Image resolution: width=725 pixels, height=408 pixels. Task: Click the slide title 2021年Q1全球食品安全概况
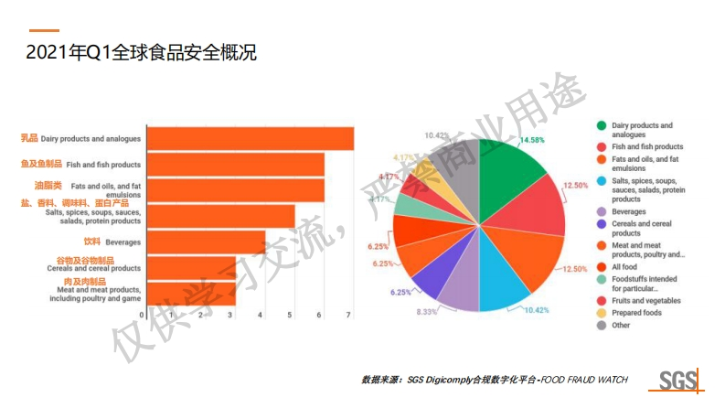pyautogui.click(x=141, y=53)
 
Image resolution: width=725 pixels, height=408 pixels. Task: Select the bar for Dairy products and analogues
pyautogui.click(x=250, y=138)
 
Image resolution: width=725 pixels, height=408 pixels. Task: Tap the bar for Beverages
pyautogui.click(x=206, y=242)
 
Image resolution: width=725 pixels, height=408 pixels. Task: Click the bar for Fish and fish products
pyautogui.click(x=235, y=165)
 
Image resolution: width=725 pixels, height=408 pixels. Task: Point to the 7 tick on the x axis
pyautogui.click(x=349, y=316)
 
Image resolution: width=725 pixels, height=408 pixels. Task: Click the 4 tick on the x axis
pyautogui.click(x=261, y=316)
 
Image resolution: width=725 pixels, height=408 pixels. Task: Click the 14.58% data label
pyautogui.click(x=531, y=140)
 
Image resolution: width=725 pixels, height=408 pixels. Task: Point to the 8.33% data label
pyautogui.click(x=426, y=312)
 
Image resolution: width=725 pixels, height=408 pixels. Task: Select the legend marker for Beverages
pyautogui.click(x=602, y=210)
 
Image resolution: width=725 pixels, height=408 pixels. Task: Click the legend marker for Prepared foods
pyautogui.click(x=602, y=312)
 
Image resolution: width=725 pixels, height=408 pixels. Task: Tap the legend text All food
pyautogui.click(x=627, y=266)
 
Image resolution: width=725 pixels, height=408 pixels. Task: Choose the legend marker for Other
pyautogui.click(x=602, y=325)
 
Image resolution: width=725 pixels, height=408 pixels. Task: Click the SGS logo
pyautogui.click(x=678, y=381)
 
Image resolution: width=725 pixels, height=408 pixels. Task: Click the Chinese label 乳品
pyautogui.click(x=29, y=138)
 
